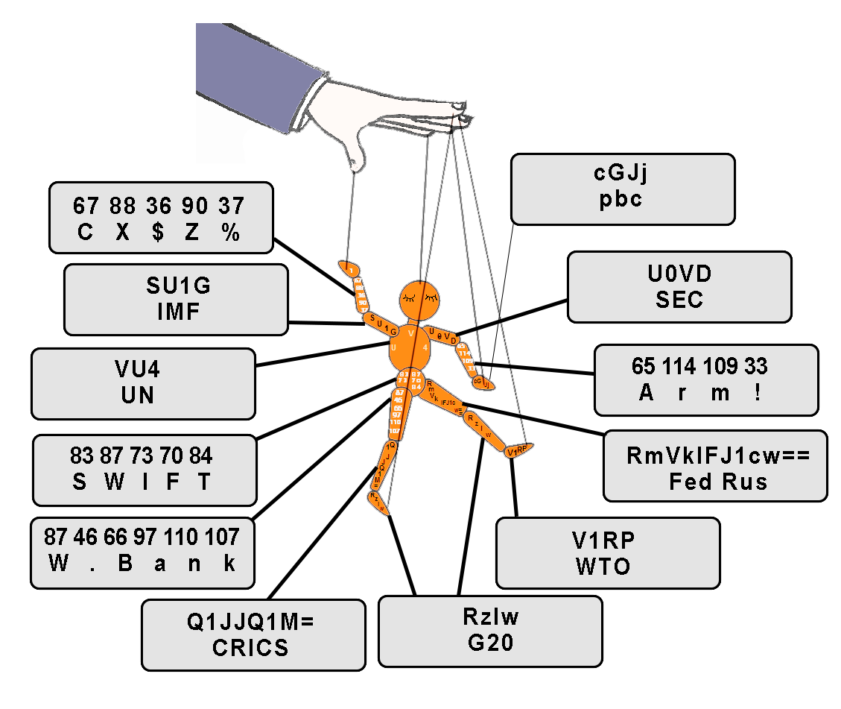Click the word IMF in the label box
click(x=178, y=311)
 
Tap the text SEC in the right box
click(x=679, y=299)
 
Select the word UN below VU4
click(x=138, y=394)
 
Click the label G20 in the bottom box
click(x=490, y=642)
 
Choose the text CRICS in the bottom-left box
click(x=250, y=647)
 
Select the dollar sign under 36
click(x=158, y=233)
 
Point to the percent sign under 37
click(x=231, y=233)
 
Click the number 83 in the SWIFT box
click(x=81, y=456)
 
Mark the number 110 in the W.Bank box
click(x=189, y=537)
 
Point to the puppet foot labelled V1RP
click(x=518, y=450)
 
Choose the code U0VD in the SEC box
click(x=679, y=274)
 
